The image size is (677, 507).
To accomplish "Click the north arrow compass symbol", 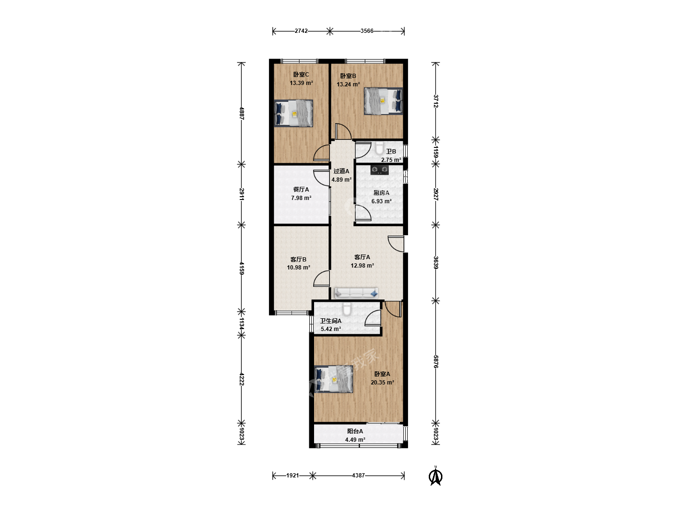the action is coord(435,476).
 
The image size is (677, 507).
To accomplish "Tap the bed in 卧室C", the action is coord(294,113).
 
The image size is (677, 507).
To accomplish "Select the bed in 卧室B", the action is coord(383,101).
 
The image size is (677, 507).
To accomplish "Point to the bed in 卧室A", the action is coord(333,379).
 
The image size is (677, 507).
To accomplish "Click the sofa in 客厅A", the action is coord(356,293).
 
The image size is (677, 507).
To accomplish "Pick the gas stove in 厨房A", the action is coord(379,170).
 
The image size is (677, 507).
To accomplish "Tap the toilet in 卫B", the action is coord(379,148).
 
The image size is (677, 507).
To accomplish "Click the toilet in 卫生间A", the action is coord(347,309).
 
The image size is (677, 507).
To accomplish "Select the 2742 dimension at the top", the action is coord(301,31).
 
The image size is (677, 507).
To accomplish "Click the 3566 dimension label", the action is coord(367,31).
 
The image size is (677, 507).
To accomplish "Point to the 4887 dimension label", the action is coord(242,113).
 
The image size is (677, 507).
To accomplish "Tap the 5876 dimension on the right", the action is coord(435,361).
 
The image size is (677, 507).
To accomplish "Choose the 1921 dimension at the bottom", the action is coord(292,476).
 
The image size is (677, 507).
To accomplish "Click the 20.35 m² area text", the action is coord(382,383).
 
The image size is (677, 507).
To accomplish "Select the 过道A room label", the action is coord(341,171).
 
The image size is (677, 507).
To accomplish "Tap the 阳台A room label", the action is coord(355,431).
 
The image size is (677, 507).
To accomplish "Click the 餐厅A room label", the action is coord(301,190).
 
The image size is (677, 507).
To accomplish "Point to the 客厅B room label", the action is coord(299,260).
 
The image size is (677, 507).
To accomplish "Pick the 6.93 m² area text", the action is coord(382,201).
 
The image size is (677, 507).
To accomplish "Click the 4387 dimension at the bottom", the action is coord(358,476).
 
